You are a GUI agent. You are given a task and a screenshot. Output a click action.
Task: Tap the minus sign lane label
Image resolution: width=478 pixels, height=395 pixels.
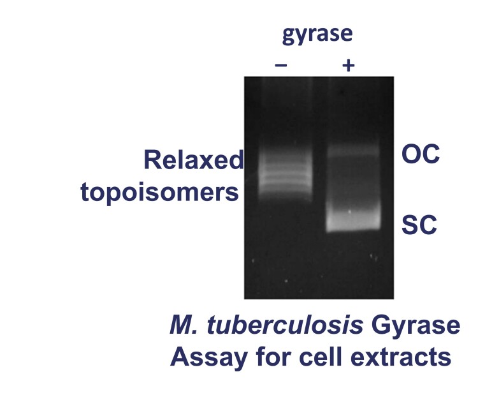pyautogui.click(x=281, y=65)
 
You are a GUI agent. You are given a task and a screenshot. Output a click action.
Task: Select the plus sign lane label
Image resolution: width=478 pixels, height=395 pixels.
pyautogui.click(x=347, y=65)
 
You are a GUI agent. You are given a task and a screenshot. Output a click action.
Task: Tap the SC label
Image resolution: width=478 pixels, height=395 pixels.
pyautogui.click(x=418, y=225)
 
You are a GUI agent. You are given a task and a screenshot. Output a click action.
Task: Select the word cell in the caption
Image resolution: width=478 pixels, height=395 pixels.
pyautogui.click(x=317, y=357)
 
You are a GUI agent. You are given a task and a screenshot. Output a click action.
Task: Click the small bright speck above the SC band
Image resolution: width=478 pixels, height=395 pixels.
pyautogui.click(x=349, y=211)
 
